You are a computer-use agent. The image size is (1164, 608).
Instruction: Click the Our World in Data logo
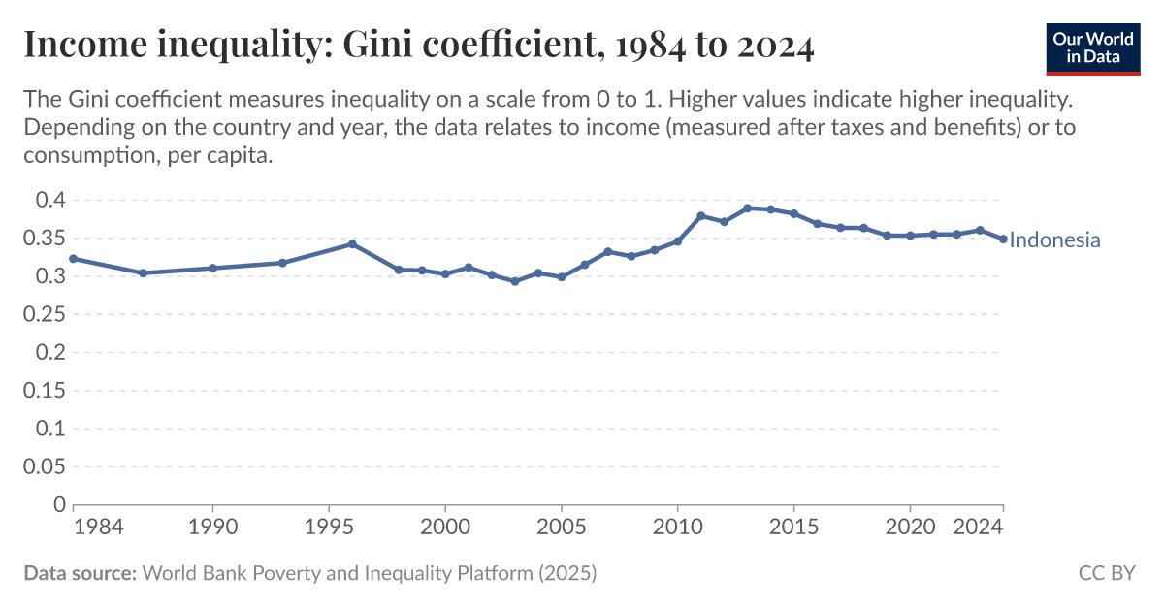(1093, 46)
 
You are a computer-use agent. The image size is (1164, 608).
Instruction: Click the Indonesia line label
(1054, 240)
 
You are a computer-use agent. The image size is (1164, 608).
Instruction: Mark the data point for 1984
(74, 259)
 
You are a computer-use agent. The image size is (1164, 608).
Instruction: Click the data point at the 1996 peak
(352, 244)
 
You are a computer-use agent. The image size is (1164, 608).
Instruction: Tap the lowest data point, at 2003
(515, 281)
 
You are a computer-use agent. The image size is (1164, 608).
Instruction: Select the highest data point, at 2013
(747, 208)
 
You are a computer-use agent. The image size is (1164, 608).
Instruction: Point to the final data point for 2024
(1003, 239)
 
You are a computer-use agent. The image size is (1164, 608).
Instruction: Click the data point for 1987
(143, 272)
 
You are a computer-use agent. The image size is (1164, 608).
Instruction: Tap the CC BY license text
(1107, 573)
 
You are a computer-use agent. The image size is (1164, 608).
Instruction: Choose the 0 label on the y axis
(59, 505)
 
